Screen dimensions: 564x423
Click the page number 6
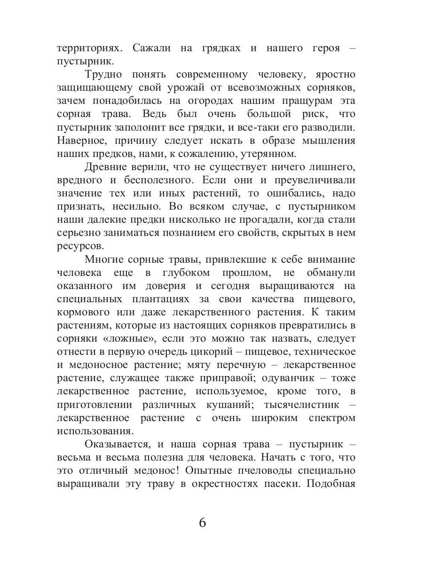pyautogui.click(x=203, y=523)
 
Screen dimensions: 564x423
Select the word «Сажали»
pyautogui.click(x=152, y=48)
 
